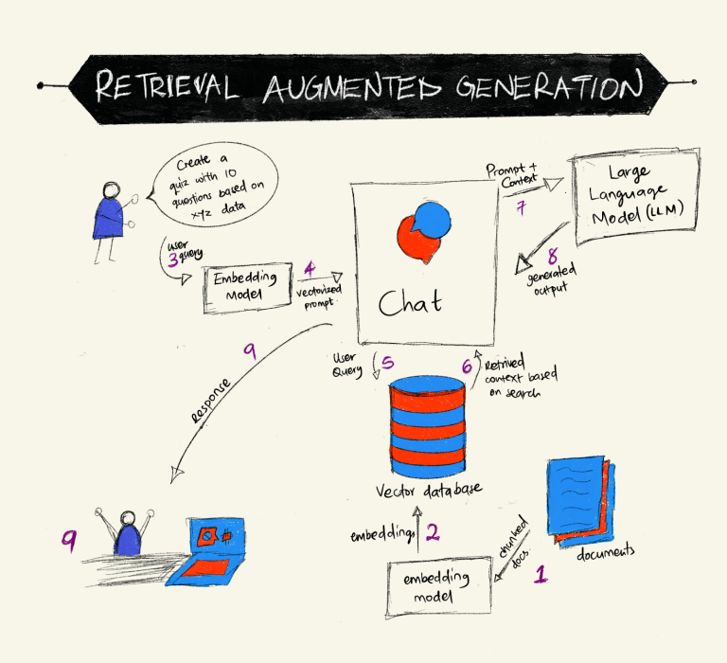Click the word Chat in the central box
click(410, 302)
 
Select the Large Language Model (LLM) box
click(636, 196)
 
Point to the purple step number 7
click(522, 206)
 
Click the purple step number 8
click(553, 256)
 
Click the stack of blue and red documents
click(582, 502)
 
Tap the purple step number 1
click(541, 574)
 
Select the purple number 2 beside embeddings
click(433, 532)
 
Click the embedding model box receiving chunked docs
click(439, 587)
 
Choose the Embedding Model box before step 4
click(249, 288)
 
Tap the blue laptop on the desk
click(206, 552)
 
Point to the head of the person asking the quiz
click(112, 190)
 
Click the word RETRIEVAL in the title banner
click(167, 86)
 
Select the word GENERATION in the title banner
click(549, 85)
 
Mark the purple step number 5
click(387, 362)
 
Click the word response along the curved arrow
click(211, 401)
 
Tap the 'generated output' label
click(552, 279)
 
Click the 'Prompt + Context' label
click(512, 175)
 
